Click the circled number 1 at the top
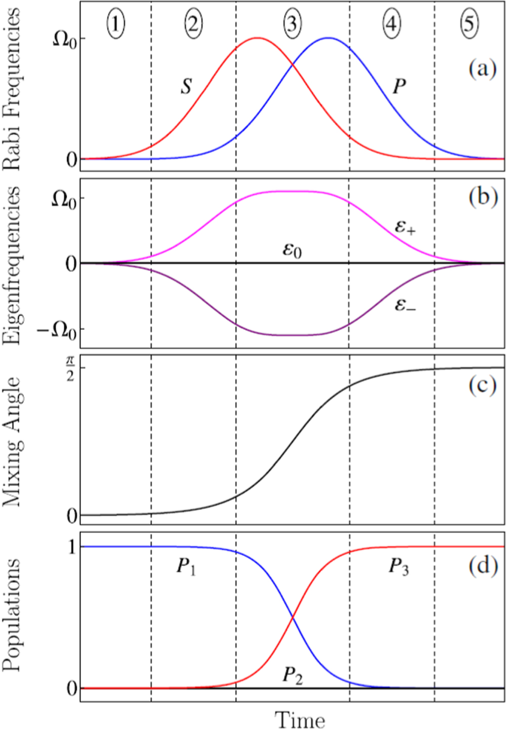click(116, 23)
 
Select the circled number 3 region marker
click(292, 23)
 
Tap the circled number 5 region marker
click(469, 23)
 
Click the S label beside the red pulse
click(186, 87)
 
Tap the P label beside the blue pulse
click(399, 87)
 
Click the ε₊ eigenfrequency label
click(405, 227)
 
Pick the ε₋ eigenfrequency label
click(405, 305)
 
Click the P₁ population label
click(186, 566)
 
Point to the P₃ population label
click(399, 566)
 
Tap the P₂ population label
click(292, 675)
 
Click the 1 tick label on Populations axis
click(72, 547)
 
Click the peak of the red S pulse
click(257, 38)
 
